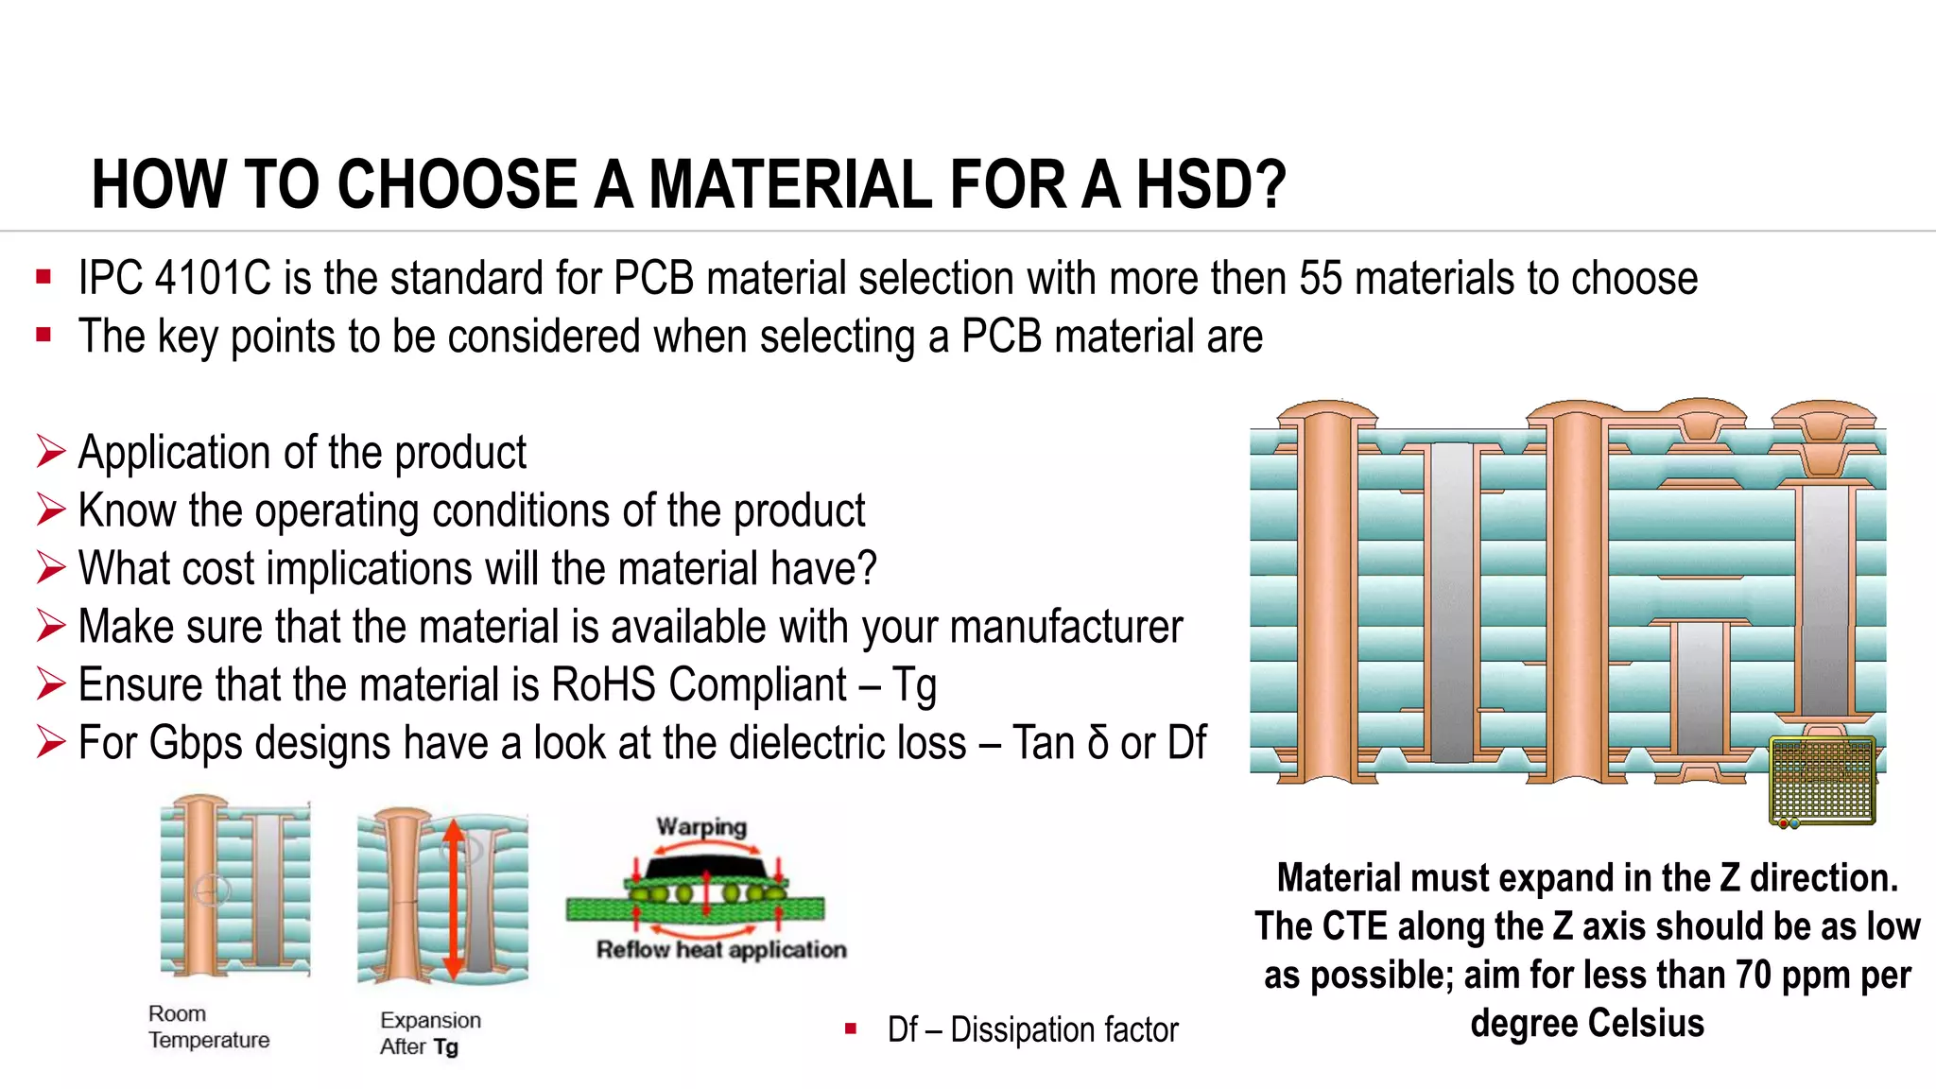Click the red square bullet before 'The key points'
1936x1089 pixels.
point(43,335)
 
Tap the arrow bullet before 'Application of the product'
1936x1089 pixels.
point(51,452)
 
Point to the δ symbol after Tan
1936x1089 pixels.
point(1098,743)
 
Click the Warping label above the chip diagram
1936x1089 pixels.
point(701,827)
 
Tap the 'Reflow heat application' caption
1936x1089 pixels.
point(721,950)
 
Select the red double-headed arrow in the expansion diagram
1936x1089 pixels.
point(453,898)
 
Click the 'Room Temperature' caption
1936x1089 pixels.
point(208,1028)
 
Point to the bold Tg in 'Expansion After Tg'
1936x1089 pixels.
point(446,1047)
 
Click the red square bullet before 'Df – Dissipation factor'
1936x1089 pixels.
point(851,1028)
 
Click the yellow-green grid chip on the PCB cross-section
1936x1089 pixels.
point(1822,781)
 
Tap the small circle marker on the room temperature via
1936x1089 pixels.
point(212,890)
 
